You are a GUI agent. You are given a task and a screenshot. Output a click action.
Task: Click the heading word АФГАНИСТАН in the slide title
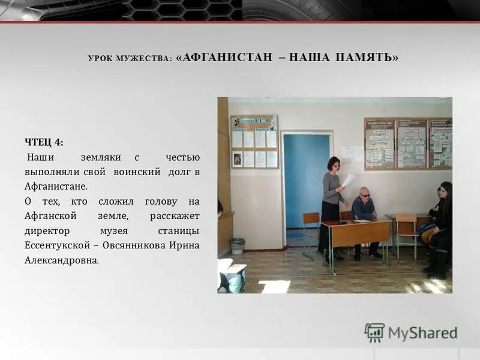click(x=222, y=58)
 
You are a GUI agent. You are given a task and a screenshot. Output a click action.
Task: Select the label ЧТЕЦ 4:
click(x=44, y=142)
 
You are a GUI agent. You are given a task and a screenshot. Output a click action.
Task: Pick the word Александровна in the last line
click(x=61, y=260)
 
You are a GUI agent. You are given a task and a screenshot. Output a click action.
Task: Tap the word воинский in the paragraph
click(x=139, y=172)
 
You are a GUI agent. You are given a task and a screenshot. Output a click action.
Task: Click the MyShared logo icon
click(x=374, y=332)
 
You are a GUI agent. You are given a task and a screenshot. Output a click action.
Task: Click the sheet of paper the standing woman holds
click(x=349, y=180)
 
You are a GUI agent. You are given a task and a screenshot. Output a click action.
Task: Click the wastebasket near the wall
click(x=238, y=246)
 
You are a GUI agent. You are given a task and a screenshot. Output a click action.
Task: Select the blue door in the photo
click(x=306, y=180)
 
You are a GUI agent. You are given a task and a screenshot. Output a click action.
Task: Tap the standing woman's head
click(x=334, y=163)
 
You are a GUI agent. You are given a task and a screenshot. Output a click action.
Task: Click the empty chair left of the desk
click(x=311, y=228)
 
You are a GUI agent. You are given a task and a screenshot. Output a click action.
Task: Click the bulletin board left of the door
click(x=254, y=142)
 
